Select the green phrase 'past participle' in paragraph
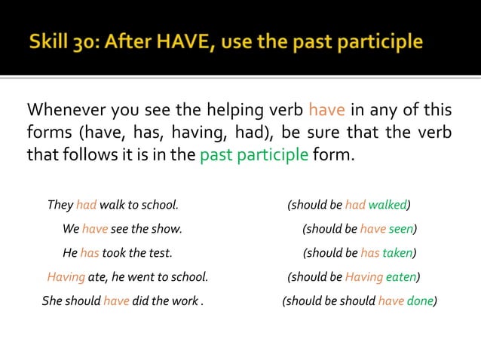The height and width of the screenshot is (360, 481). (x=254, y=157)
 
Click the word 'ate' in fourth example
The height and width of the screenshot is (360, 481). (x=96, y=277)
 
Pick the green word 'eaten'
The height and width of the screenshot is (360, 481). (x=401, y=277)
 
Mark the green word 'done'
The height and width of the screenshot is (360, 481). (x=420, y=301)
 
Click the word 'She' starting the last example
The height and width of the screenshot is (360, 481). (x=52, y=301)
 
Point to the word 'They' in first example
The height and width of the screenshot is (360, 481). (x=60, y=205)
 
